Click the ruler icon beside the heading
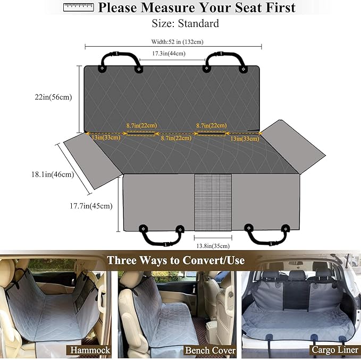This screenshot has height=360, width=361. pyautogui.click(x=79, y=7)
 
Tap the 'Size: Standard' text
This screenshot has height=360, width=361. pyautogui.click(x=185, y=23)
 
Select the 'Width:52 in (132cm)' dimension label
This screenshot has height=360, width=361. pyautogui.click(x=177, y=42)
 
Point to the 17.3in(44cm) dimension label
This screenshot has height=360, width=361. pyautogui.click(x=169, y=54)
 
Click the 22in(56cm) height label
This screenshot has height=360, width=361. pyautogui.click(x=53, y=97)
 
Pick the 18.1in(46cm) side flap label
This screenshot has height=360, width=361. pyautogui.click(x=53, y=175)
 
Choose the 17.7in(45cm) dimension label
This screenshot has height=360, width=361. pyautogui.click(x=91, y=205)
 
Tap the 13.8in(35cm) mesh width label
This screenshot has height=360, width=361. pyautogui.click(x=213, y=246)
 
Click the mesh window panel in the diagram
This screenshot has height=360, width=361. pyautogui.click(x=213, y=202)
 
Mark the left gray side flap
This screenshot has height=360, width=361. pyautogui.click(x=93, y=161)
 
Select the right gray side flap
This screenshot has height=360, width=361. pyautogui.click(x=293, y=147)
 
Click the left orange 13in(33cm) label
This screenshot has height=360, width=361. pyautogui.click(x=106, y=138)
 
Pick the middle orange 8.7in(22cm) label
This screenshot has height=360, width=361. pyautogui.click(x=176, y=138)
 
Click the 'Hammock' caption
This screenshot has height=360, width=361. pyautogui.click(x=90, y=350)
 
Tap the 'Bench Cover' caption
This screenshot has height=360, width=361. pyautogui.click(x=210, y=350)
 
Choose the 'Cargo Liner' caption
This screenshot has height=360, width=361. pyautogui.click(x=335, y=350)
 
